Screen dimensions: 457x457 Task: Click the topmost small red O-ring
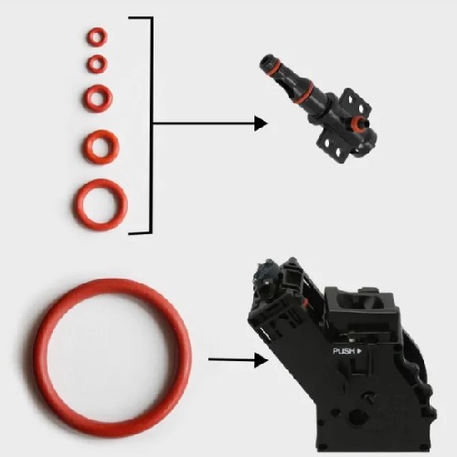97,30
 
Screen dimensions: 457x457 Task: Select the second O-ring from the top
97,58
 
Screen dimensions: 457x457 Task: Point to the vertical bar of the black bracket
151,125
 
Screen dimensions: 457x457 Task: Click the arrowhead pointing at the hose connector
260,123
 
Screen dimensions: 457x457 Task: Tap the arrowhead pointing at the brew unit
261,360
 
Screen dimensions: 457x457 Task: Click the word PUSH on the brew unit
344,351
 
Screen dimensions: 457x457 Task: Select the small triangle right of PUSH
359,351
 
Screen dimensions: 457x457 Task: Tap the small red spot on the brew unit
303,302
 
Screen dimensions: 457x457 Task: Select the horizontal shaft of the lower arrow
231,360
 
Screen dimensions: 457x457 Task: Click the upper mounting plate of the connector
357,103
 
